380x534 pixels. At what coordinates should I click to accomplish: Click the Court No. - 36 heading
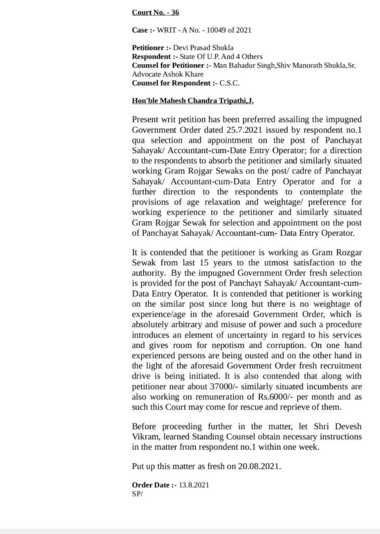(x=155, y=12)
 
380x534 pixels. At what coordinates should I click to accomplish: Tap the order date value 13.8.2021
(x=194, y=485)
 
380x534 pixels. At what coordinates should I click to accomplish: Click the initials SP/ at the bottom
(x=137, y=493)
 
